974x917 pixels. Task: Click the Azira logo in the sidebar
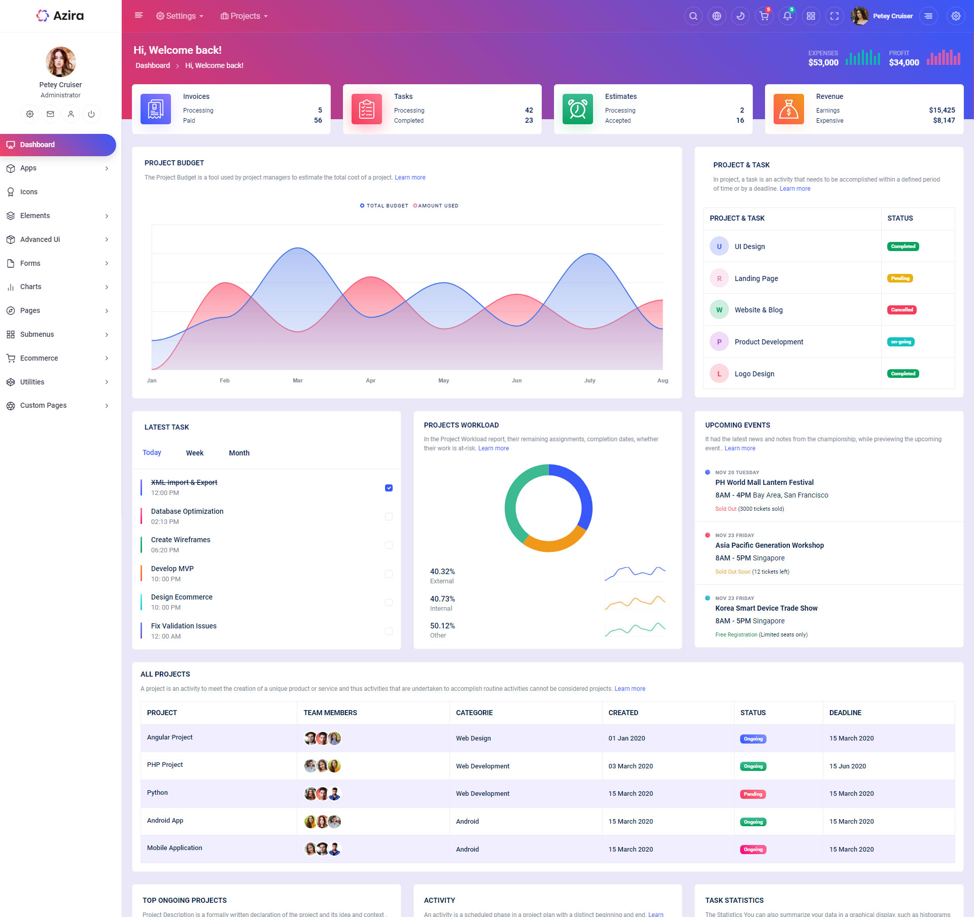[x=60, y=16]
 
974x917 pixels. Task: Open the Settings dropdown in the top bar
[x=180, y=16]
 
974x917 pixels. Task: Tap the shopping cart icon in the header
[x=763, y=16]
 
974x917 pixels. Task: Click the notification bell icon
[x=787, y=16]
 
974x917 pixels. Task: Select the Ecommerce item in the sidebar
[x=39, y=358]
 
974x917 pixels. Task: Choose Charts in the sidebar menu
[x=31, y=287]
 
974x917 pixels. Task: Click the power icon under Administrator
[x=91, y=114]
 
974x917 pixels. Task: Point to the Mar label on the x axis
[x=298, y=380]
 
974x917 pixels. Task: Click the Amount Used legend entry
[x=436, y=206]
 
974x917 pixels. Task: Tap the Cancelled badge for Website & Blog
[x=901, y=310]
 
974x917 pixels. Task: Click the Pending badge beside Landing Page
[x=900, y=278]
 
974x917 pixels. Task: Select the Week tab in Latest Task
[x=195, y=453]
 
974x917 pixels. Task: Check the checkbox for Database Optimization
[x=389, y=517]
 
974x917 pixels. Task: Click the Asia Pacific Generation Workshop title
[x=769, y=545]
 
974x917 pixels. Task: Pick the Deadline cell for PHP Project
[x=847, y=766]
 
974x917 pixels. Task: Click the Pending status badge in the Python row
[x=753, y=794]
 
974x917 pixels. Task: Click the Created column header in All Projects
[x=623, y=713]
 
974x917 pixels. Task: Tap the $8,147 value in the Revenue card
[x=944, y=121]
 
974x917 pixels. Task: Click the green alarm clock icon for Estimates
[x=577, y=109]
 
